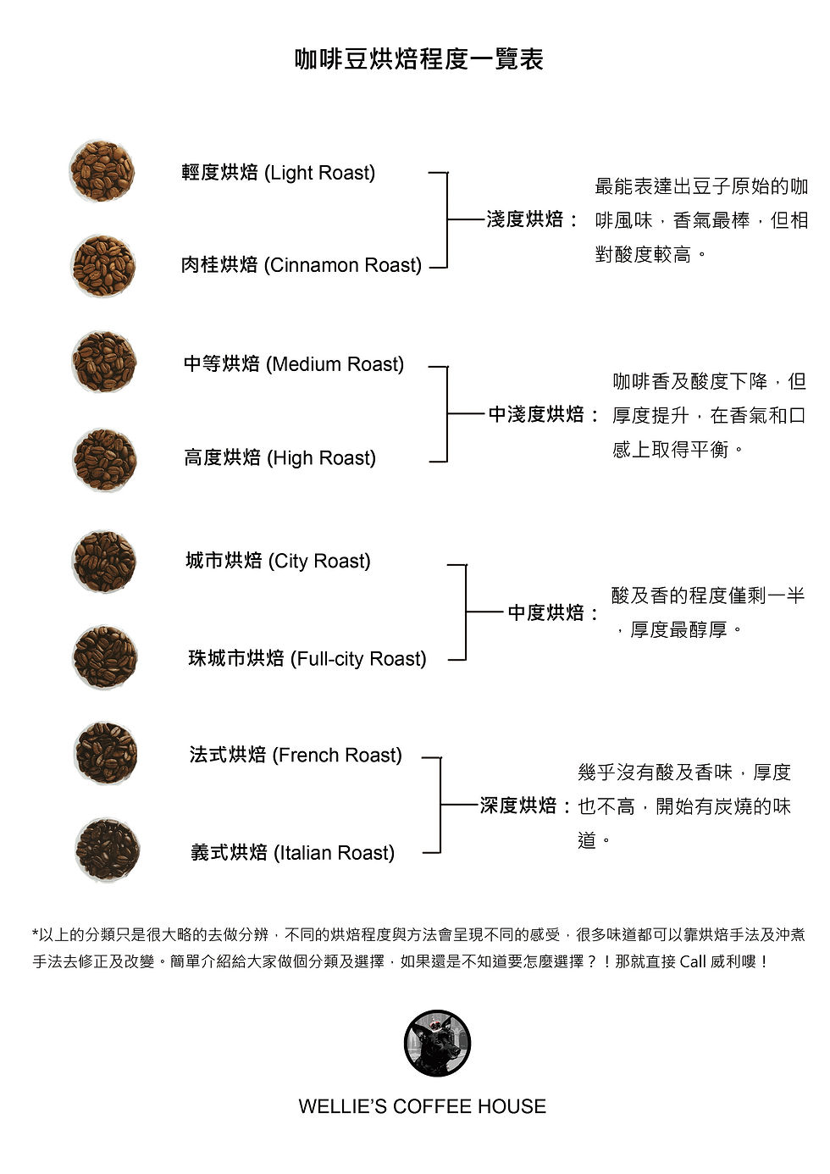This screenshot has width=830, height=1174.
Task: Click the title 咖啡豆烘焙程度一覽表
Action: pos(419,59)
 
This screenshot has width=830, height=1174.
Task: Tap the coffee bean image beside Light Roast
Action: pos(102,171)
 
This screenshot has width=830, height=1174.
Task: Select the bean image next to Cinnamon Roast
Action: pos(103,266)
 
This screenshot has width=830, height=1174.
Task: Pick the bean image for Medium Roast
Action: pos(104,362)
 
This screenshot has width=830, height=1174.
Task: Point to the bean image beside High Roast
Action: pos(104,460)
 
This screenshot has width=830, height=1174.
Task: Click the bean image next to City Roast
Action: pos(104,561)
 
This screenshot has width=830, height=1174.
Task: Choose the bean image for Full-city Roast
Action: pos(105,657)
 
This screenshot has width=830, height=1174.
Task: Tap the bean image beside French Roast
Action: pos(106,753)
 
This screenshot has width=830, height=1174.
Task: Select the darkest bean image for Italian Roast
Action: pos(107,850)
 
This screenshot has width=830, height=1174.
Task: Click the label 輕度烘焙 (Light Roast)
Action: pos(278,173)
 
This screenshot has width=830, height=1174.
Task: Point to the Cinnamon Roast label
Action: pos(301,265)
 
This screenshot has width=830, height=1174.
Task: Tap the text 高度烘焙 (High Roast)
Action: pos(279,458)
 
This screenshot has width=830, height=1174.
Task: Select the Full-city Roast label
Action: pos(307,659)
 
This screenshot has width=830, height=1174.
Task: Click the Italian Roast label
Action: pos(292,853)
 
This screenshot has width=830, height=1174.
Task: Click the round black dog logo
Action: pos(437,1043)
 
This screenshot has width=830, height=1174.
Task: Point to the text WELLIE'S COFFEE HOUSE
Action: pos(422,1106)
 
